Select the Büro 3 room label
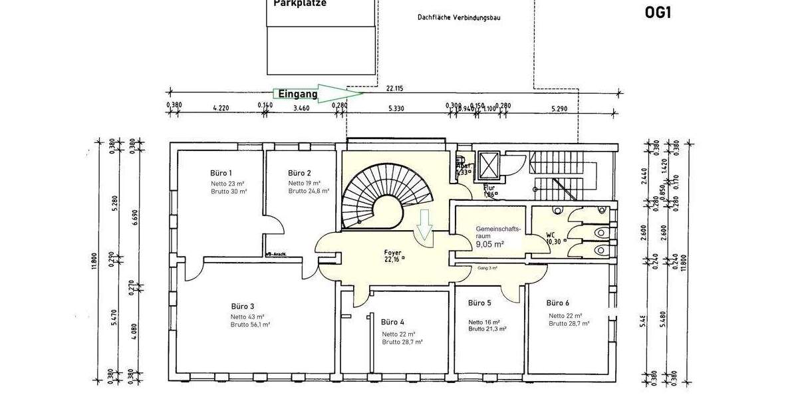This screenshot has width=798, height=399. point(243,307)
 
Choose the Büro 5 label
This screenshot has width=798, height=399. point(479,303)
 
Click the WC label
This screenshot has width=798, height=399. point(551,235)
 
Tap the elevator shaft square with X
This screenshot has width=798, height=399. point(489,163)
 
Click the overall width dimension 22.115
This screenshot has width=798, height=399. point(394,87)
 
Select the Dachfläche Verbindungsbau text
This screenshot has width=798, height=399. point(458,17)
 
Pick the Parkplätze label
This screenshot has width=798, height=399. point(299,3)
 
